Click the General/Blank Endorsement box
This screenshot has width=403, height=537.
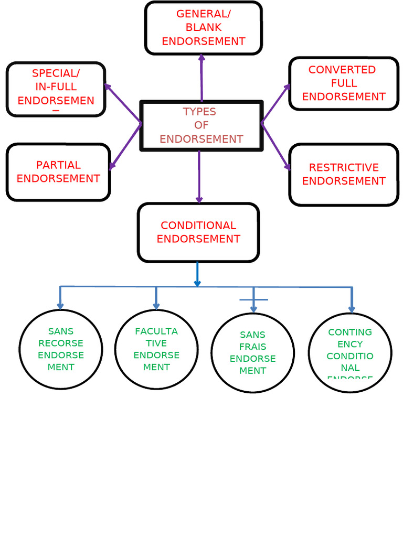[x=203, y=28]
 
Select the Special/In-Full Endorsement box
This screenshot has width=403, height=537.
[x=56, y=89]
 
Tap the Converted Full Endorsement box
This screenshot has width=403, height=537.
[x=344, y=83]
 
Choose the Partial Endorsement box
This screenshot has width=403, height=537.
[x=58, y=172]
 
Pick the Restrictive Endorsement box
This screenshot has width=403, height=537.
[x=344, y=174]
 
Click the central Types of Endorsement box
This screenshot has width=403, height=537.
[x=201, y=126]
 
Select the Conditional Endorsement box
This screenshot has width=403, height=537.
[x=198, y=232]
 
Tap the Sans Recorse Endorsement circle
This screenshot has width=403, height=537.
[x=61, y=349]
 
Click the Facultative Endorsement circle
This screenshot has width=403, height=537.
[x=156, y=349]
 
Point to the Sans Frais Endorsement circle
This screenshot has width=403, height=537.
[x=252, y=352]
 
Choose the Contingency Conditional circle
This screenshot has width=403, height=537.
[x=350, y=352]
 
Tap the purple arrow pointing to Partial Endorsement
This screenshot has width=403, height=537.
[x=125, y=147]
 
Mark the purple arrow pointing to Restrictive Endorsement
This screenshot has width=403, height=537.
[x=276, y=147]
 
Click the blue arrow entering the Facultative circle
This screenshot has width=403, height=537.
[x=156, y=298]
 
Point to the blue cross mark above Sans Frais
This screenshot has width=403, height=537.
[x=253, y=299]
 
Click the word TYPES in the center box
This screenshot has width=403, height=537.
[x=199, y=112]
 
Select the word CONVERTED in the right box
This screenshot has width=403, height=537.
[x=342, y=70]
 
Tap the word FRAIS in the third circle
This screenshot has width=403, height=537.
[x=253, y=347]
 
